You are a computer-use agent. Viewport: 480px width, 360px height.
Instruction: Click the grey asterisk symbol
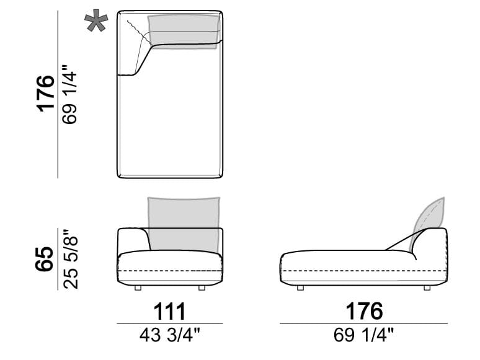click(x=96, y=20)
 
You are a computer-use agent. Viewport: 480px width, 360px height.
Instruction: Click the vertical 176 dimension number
click(x=45, y=94)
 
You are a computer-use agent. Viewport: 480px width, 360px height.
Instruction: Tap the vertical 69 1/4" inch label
click(x=69, y=94)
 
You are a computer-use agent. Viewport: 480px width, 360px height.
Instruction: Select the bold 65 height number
click(x=44, y=259)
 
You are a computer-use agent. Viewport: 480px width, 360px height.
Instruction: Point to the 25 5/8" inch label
click(x=71, y=260)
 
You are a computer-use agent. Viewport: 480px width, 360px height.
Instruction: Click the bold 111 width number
click(x=169, y=311)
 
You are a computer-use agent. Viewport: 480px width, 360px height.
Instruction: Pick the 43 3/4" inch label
click(x=170, y=335)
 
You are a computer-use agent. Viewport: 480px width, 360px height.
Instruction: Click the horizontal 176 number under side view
click(x=364, y=311)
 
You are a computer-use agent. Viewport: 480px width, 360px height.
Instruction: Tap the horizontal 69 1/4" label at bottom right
click(x=363, y=335)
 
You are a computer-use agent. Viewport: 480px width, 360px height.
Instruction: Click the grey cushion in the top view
click(x=184, y=32)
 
